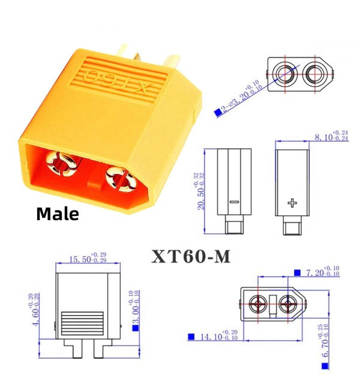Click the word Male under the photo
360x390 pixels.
[x=58, y=214]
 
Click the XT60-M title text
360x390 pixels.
[x=191, y=256]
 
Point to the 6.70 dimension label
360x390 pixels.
[x=325, y=345]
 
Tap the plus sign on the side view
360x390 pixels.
[x=293, y=203]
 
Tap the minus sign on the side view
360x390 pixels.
[x=234, y=203]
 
